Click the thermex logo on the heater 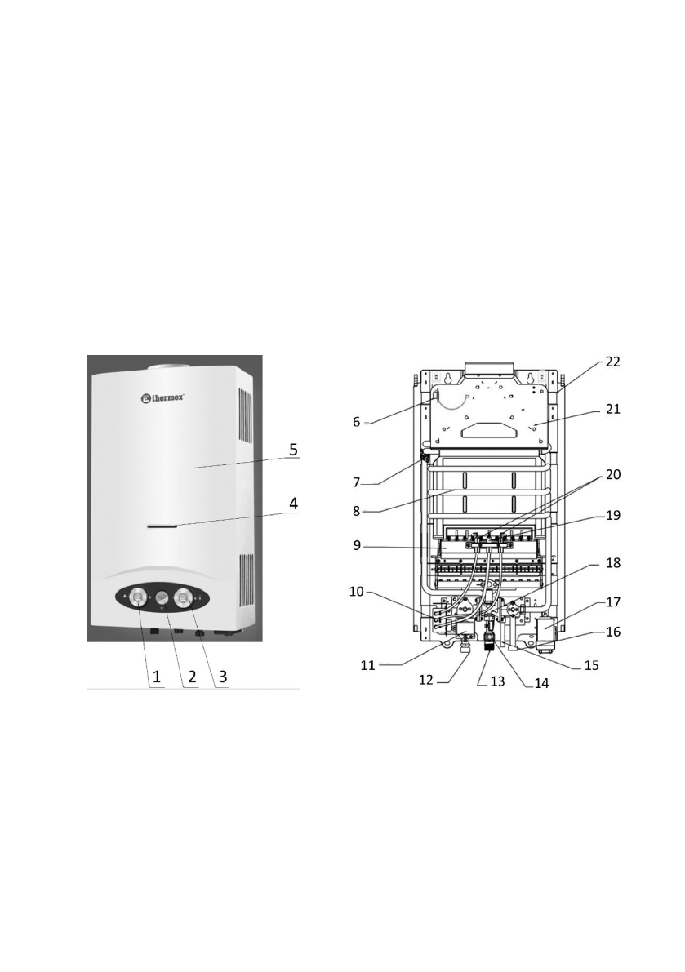point(162,397)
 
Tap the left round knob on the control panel point(138,598)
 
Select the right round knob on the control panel point(184,598)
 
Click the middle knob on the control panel point(161,598)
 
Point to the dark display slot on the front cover point(162,526)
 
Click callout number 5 point(293,449)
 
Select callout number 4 point(293,504)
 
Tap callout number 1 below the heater point(157,677)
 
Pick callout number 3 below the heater point(223,677)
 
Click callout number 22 point(612,362)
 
